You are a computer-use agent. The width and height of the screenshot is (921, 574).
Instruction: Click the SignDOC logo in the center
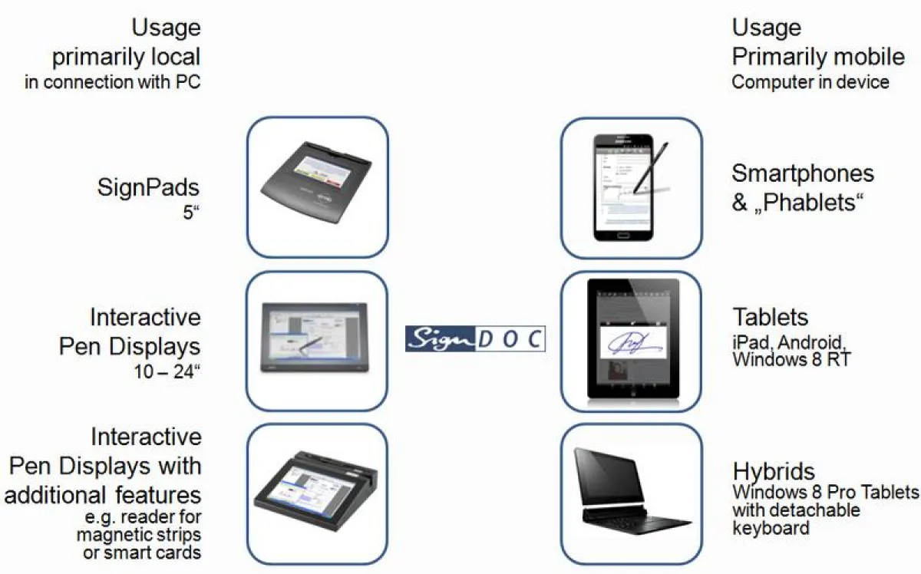475,338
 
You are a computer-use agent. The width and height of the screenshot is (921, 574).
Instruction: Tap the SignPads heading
149,186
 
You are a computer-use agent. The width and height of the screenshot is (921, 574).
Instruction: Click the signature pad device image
317,187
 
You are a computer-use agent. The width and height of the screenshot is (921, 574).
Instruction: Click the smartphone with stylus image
631,187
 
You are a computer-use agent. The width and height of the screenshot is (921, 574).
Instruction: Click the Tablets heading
771,317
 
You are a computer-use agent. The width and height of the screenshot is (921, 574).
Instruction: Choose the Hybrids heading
774,470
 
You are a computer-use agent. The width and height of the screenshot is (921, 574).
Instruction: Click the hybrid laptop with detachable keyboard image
632,493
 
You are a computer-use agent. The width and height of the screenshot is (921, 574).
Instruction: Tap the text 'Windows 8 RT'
791,358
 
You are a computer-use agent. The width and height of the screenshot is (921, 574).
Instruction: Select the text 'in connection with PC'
113,82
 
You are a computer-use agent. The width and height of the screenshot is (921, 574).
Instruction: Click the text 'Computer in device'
810,82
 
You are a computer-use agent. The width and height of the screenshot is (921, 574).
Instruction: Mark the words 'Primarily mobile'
818,56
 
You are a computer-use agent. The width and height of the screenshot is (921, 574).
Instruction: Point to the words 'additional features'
103,493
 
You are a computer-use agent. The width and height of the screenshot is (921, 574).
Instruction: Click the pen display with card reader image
317,493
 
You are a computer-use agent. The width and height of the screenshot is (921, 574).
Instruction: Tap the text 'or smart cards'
142,552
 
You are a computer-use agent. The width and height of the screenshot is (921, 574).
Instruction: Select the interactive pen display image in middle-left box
317,340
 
